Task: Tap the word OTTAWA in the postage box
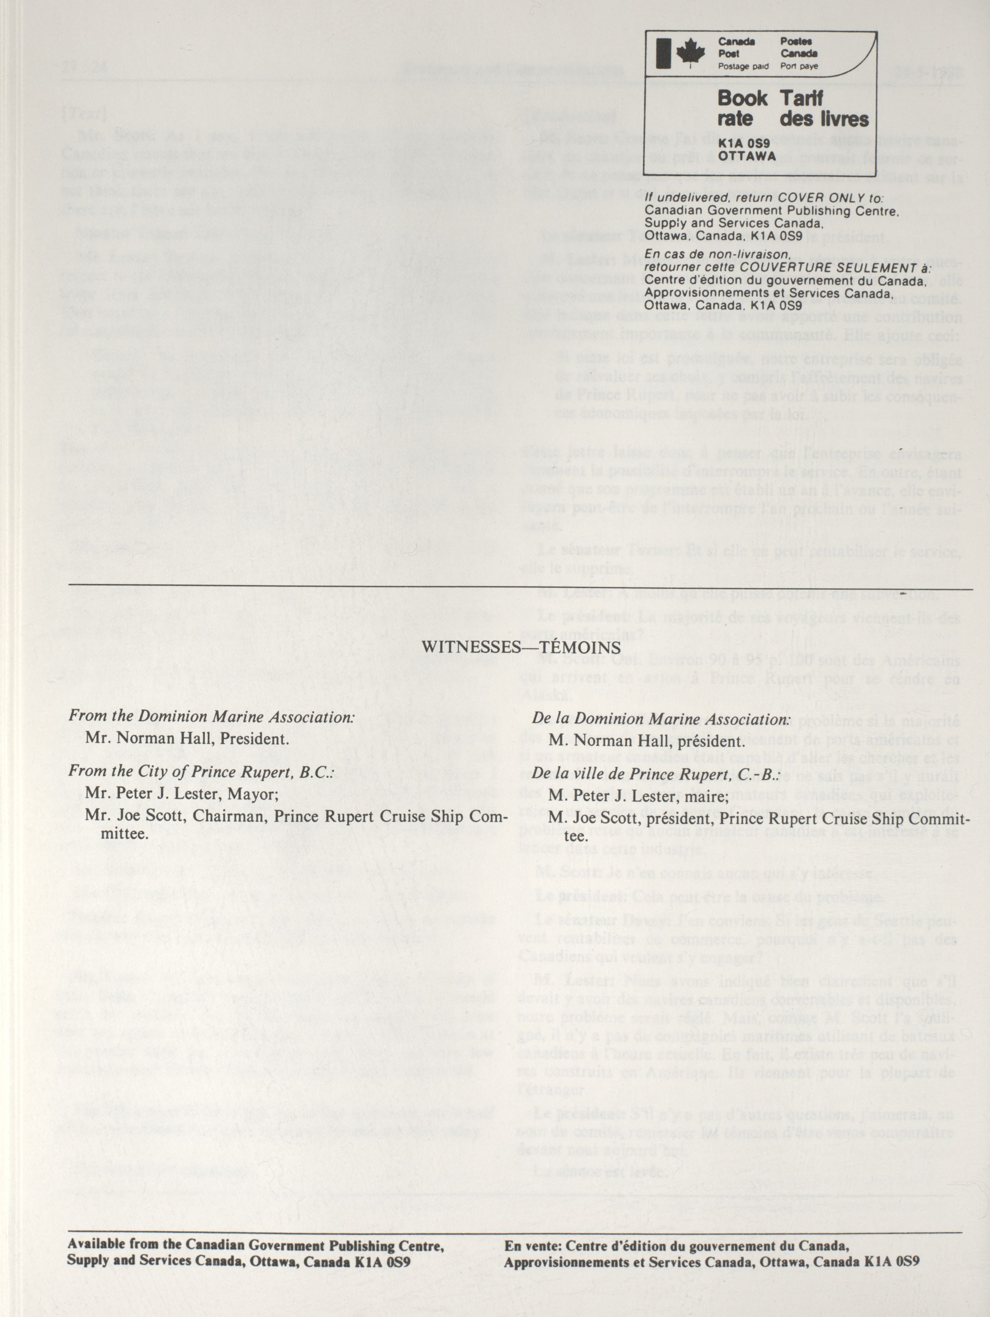[748, 156]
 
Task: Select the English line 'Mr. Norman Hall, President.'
[187, 738]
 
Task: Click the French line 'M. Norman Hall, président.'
[646, 741]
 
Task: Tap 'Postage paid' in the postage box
[743, 67]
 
